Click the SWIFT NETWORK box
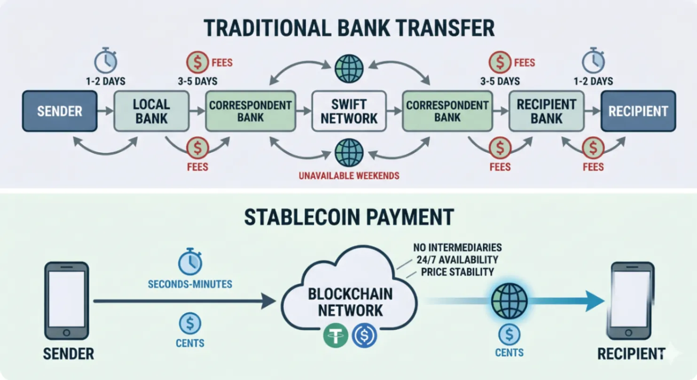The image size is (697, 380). point(349,111)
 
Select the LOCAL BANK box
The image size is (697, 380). point(151,111)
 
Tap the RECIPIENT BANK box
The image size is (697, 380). point(547,111)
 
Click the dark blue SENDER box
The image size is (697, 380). point(60,111)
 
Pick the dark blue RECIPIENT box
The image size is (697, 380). point(638,111)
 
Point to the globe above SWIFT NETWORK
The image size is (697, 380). point(349,69)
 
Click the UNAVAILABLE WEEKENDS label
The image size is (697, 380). point(349,176)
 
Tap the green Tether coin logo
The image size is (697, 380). point(336,335)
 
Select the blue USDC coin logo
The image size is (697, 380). point(364,335)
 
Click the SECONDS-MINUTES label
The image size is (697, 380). point(190,284)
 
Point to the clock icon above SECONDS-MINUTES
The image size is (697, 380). point(190,261)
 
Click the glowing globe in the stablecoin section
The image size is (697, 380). point(509,301)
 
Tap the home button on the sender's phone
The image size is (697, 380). point(66,332)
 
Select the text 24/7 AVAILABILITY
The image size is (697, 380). point(457,260)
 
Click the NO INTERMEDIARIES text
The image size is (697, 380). point(457,248)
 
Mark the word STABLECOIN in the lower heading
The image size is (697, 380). point(302,217)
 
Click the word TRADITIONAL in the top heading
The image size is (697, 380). point(267,28)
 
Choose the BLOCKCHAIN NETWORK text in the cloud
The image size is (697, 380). point(350,302)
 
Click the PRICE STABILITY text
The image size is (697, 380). point(457,272)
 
